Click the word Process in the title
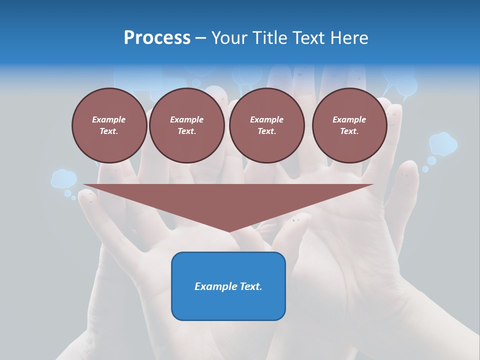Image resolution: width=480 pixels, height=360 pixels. tap(157, 38)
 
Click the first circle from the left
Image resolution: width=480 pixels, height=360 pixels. tap(109, 125)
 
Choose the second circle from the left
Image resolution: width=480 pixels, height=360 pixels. tap(186, 125)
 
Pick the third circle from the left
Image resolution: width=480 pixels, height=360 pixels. tap(266, 125)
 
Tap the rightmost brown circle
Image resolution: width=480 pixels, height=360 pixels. tap(349, 125)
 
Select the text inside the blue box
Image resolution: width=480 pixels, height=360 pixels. tap(228, 286)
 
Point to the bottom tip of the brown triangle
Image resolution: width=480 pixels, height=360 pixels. tap(228, 232)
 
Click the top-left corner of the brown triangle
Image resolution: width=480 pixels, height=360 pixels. tap(84, 185)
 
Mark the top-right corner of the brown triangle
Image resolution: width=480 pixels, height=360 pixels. tap(372, 185)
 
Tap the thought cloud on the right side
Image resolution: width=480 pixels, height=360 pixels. tap(443, 143)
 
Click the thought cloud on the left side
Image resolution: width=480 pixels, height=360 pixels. tap(63, 178)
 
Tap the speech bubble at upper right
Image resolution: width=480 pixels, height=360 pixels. tap(406, 85)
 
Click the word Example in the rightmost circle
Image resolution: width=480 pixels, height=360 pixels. tap(349, 119)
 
